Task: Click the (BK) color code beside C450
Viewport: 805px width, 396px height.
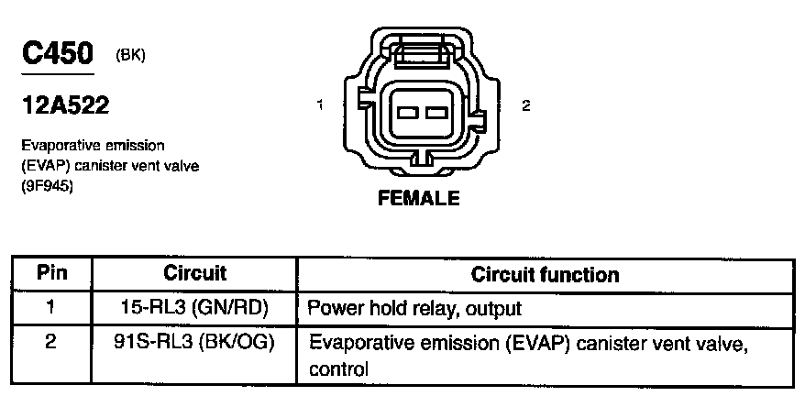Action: click(x=131, y=55)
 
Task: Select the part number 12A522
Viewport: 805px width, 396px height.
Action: click(x=66, y=106)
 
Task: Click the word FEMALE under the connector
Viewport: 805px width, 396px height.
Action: click(x=418, y=199)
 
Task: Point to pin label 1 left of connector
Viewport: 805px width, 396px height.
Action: click(x=319, y=105)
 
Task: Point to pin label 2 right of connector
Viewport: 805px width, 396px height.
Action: click(x=525, y=105)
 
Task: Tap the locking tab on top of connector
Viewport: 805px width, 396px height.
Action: click(x=419, y=50)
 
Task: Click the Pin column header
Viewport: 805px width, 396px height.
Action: click(x=51, y=273)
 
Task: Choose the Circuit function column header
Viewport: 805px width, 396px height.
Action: click(x=545, y=274)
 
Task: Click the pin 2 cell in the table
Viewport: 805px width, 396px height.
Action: click(x=51, y=344)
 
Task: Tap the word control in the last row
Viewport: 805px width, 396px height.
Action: click(x=339, y=369)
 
